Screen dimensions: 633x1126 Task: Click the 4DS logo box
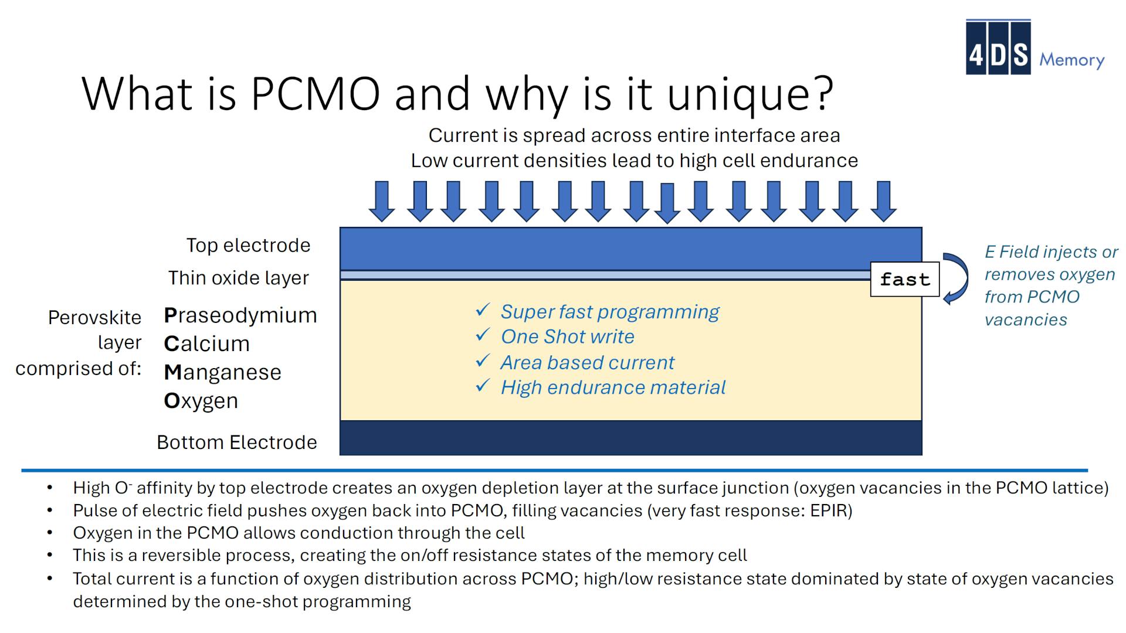click(x=998, y=47)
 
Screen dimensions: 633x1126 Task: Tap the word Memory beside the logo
click(x=1071, y=60)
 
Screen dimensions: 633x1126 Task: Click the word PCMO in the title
click(x=315, y=94)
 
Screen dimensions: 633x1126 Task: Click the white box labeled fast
click(x=904, y=280)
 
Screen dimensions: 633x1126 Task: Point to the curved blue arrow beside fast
click(x=956, y=278)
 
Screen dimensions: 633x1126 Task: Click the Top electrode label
click(x=248, y=245)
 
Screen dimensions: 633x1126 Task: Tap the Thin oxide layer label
click(x=238, y=278)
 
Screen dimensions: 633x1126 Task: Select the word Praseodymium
click(x=240, y=315)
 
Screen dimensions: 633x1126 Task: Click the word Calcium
click(x=206, y=343)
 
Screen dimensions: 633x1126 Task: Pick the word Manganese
click(x=222, y=372)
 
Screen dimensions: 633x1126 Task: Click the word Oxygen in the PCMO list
click(x=201, y=401)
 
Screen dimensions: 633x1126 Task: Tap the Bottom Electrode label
click(x=236, y=443)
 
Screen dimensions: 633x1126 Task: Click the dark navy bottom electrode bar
click(x=630, y=438)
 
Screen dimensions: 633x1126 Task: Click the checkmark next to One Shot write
click(x=482, y=335)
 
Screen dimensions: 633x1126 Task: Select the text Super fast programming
click(x=609, y=312)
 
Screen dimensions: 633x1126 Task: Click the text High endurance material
click(x=612, y=387)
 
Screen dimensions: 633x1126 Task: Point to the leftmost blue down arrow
click(x=382, y=201)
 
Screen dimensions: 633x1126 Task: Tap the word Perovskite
click(x=94, y=318)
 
